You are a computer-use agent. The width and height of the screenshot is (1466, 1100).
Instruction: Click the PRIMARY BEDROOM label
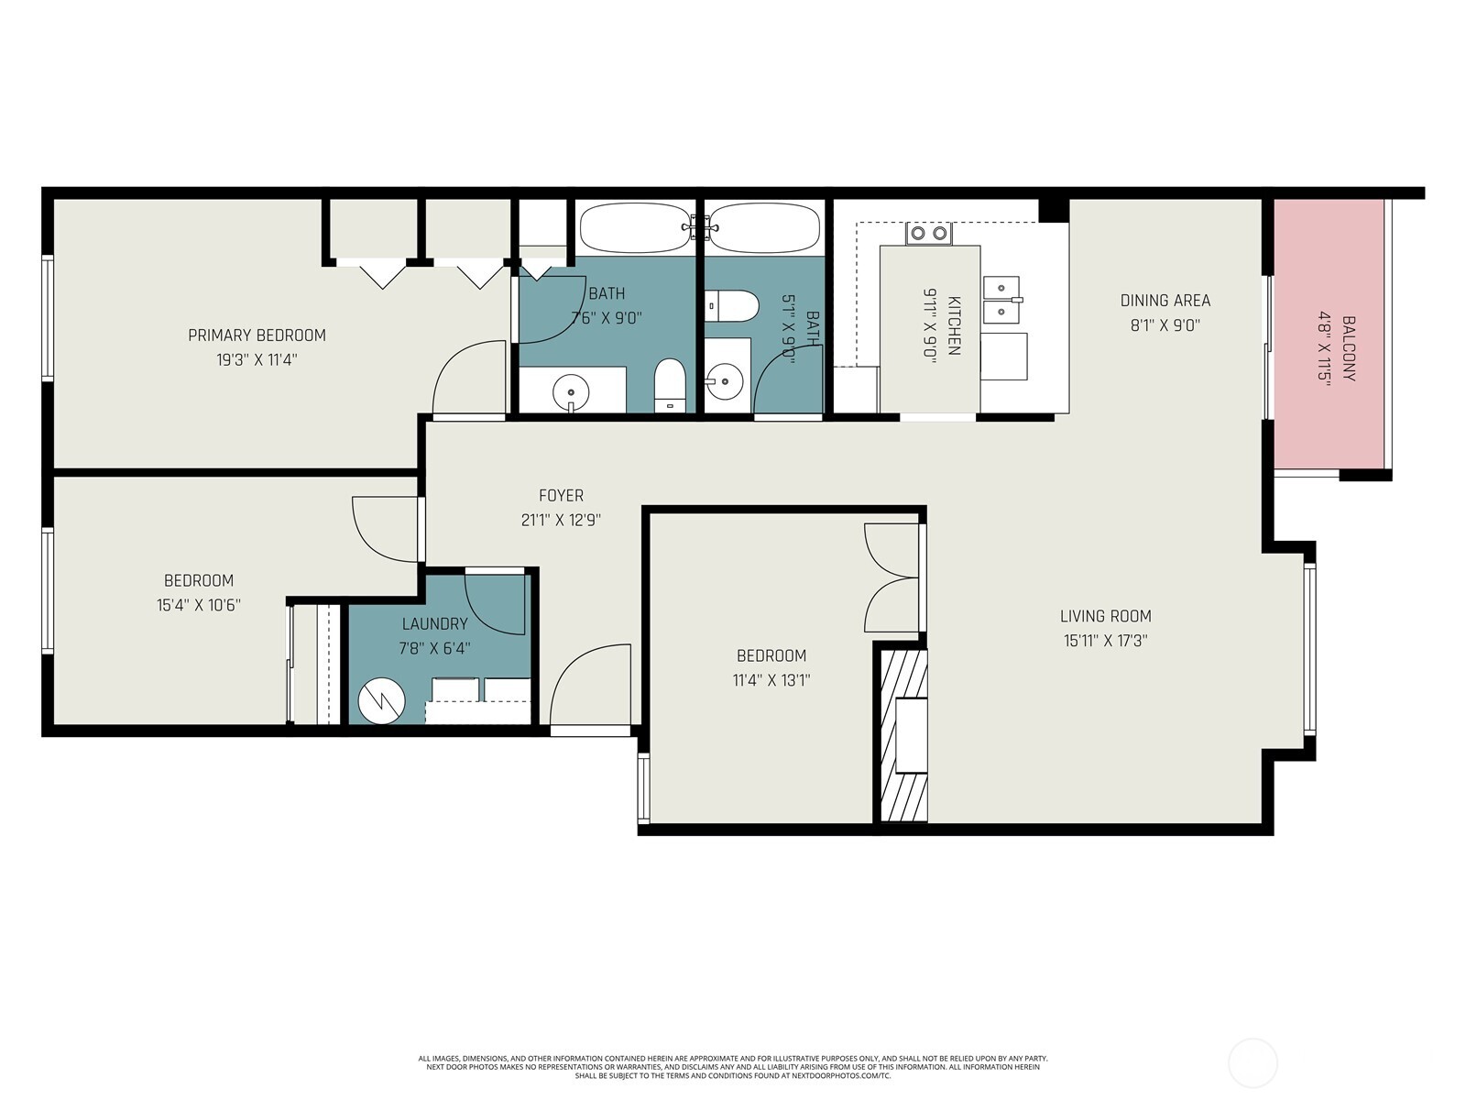pos(257,335)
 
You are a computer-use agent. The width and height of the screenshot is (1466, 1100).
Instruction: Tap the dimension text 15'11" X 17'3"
pos(1105,641)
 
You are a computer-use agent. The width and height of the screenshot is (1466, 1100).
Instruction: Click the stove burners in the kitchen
pos(927,234)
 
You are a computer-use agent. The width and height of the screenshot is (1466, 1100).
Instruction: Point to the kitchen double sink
pos(1001,300)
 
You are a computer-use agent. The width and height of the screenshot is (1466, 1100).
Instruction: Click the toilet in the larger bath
pos(670,385)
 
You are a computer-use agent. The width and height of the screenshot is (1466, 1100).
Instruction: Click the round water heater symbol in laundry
pos(381,701)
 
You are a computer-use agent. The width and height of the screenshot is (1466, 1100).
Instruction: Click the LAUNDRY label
pos(434,624)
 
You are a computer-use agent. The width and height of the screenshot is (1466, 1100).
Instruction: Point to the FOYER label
pos(561,496)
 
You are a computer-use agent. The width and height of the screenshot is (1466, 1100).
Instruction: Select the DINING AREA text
pos(1165,301)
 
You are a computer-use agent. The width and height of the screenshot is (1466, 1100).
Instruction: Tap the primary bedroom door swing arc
pos(469,378)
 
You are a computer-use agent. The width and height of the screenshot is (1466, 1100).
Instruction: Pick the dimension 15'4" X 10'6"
pos(198,605)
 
